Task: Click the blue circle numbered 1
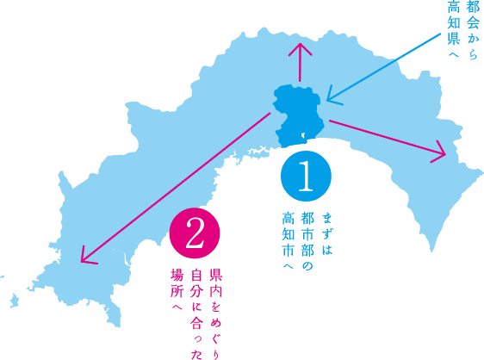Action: (306, 176)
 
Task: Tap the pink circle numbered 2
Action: (195, 233)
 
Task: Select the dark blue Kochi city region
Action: (299, 115)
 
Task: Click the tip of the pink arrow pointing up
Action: (300, 44)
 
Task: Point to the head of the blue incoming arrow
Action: (327, 100)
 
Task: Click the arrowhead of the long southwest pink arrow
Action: (82, 262)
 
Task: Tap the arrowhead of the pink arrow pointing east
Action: (445, 154)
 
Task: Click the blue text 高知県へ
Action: (454, 29)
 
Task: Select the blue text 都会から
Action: (473, 30)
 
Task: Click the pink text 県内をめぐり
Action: (216, 314)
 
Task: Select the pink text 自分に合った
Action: (196, 314)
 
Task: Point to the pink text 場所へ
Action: (177, 289)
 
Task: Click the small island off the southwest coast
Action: (14, 301)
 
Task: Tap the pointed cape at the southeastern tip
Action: (431, 251)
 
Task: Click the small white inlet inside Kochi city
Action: (303, 135)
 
